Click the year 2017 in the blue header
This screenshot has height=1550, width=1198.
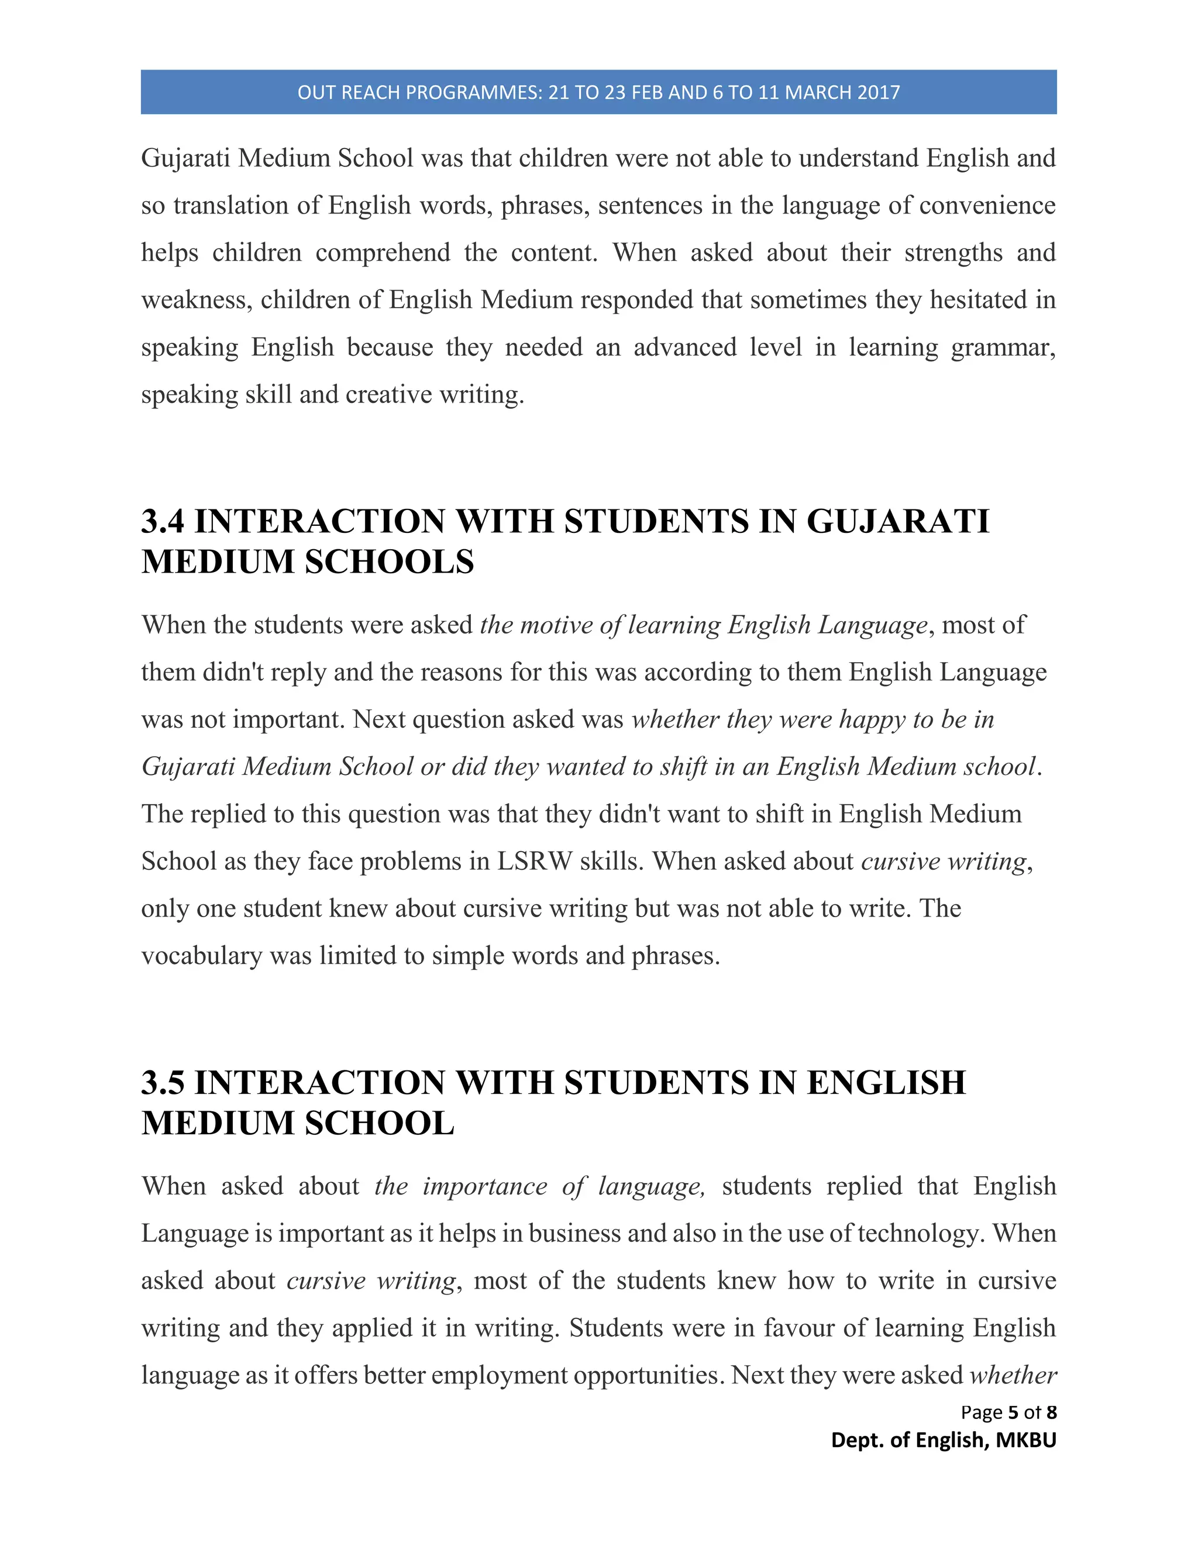(878, 93)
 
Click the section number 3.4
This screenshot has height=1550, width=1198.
(163, 522)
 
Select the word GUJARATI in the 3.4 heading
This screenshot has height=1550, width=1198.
(897, 522)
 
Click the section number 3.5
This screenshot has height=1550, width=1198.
(163, 1083)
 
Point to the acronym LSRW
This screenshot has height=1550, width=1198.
(535, 862)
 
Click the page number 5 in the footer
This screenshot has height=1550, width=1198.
(1013, 1413)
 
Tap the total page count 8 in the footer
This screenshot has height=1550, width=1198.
(1051, 1413)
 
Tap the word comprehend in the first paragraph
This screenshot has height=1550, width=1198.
(383, 253)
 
